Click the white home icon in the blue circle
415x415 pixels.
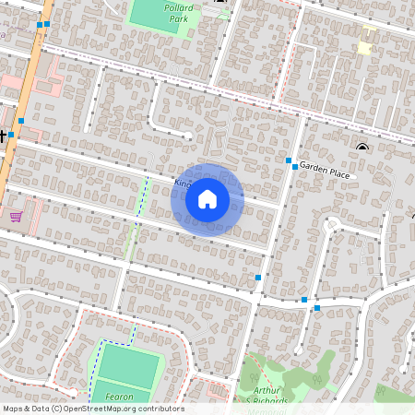click(207, 199)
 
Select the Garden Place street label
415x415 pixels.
click(325, 172)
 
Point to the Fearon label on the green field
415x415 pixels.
click(120, 397)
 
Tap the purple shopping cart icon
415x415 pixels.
click(16, 217)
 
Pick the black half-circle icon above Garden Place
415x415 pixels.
click(362, 148)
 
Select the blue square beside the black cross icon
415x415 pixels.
click(20, 120)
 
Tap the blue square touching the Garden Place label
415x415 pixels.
click(294, 167)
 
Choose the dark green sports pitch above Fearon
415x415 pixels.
click(126, 365)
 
